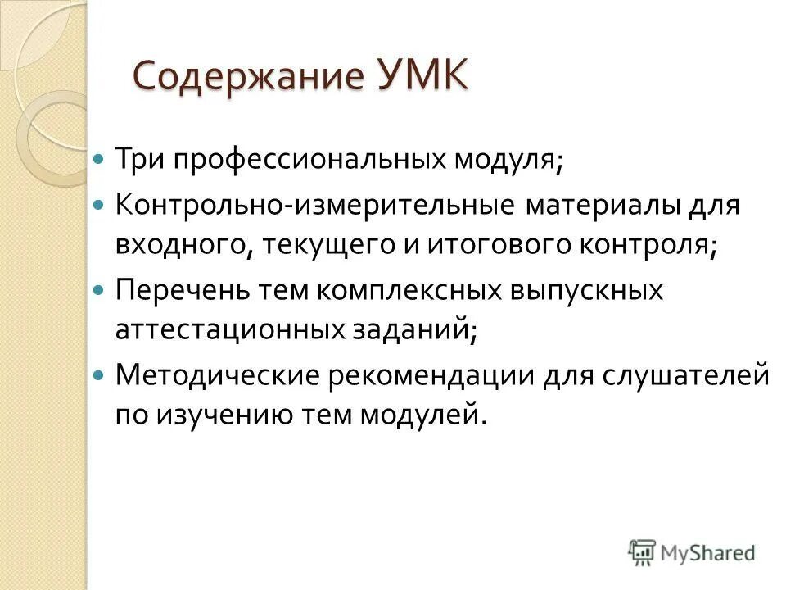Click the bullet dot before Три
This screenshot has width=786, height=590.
point(99,157)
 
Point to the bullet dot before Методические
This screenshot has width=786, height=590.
point(99,375)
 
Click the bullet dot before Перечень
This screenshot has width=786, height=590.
point(99,289)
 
